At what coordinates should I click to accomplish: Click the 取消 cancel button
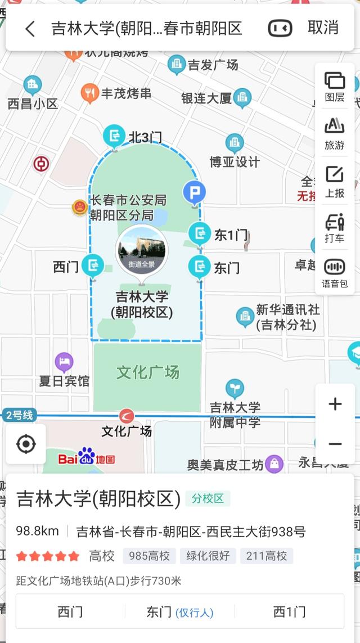(323, 28)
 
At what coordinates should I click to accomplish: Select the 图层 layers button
(335, 87)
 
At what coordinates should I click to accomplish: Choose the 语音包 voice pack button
(335, 273)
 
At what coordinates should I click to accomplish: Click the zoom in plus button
(335, 404)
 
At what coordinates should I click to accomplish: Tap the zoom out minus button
(335, 444)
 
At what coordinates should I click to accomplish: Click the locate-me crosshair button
(26, 444)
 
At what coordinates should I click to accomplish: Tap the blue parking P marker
(195, 194)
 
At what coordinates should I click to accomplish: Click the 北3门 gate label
(145, 137)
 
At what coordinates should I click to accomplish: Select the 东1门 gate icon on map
(199, 233)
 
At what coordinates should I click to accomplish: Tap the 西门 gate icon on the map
(93, 266)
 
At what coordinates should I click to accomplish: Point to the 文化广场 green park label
(147, 372)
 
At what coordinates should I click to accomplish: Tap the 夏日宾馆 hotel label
(64, 381)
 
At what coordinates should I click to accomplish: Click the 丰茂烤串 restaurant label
(126, 93)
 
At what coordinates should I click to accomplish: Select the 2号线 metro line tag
(19, 415)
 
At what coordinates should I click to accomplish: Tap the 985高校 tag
(149, 556)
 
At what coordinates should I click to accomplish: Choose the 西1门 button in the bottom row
(289, 611)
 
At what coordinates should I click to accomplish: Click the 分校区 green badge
(208, 498)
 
